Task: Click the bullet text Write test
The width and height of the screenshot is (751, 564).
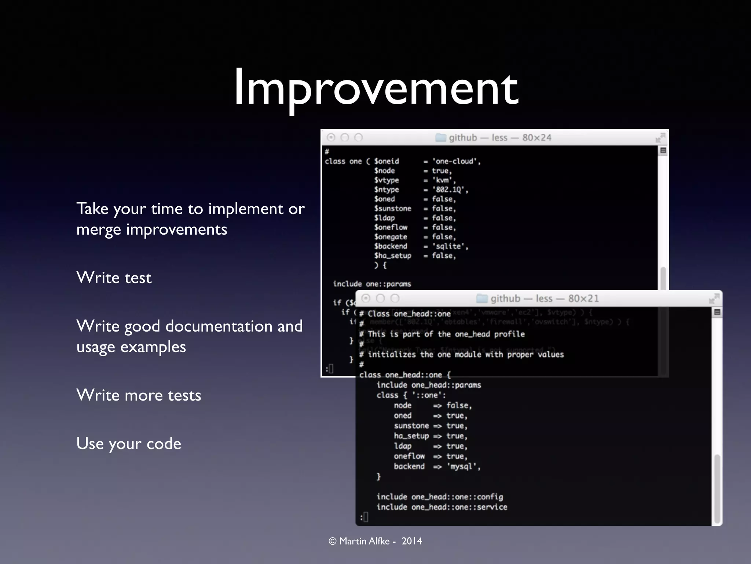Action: click(114, 278)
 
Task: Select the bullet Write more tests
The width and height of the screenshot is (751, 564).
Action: click(139, 395)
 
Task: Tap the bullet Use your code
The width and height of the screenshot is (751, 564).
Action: click(129, 444)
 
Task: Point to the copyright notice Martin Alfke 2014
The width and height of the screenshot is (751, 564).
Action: click(375, 541)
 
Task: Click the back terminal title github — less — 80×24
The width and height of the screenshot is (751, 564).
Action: click(500, 138)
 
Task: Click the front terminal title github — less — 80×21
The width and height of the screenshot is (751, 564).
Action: click(544, 299)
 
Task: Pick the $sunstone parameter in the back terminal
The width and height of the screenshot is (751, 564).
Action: click(392, 209)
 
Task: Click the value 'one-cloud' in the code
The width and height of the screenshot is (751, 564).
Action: click(456, 161)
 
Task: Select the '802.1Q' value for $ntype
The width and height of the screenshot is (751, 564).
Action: click(450, 190)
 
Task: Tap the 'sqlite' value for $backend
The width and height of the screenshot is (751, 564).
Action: click(450, 246)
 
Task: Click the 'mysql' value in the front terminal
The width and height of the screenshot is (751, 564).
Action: click(463, 466)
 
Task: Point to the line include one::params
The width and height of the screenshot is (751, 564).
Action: click(372, 284)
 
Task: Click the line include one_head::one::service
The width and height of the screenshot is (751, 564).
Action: click(442, 507)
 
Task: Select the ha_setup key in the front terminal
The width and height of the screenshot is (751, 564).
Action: click(411, 436)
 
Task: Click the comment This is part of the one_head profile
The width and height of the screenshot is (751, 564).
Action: click(446, 334)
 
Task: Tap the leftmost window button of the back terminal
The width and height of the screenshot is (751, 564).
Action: click(331, 137)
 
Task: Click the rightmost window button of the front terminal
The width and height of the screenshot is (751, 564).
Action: click(395, 298)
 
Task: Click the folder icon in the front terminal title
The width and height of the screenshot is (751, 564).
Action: click(481, 299)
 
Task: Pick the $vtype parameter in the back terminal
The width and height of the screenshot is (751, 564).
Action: click(387, 180)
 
